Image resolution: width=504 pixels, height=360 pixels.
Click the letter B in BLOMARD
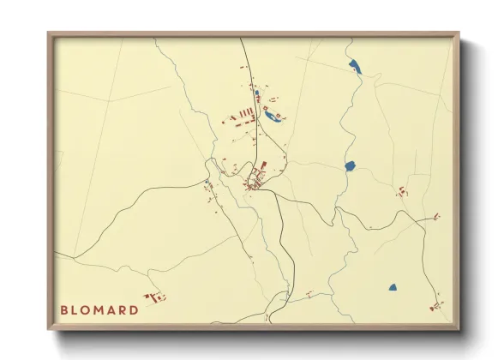tap(64, 310)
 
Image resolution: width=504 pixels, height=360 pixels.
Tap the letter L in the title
tap(76, 310)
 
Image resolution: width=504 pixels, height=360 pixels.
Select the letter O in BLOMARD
tap(88, 310)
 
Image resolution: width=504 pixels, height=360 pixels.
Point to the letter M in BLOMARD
tap(102, 310)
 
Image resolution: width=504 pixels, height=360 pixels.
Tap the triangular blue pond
tap(393, 287)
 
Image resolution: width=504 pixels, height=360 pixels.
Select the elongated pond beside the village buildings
tap(273, 116)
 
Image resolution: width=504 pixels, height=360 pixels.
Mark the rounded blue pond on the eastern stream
tap(350, 165)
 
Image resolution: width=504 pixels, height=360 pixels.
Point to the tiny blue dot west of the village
tap(207, 183)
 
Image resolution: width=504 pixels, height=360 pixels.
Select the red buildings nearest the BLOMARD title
tap(155, 297)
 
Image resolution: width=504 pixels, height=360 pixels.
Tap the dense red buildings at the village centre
tap(256, 180)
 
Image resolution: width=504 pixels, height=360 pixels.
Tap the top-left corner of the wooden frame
tap(50, 35)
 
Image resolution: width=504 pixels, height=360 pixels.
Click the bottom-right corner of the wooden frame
tap(458, 328)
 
